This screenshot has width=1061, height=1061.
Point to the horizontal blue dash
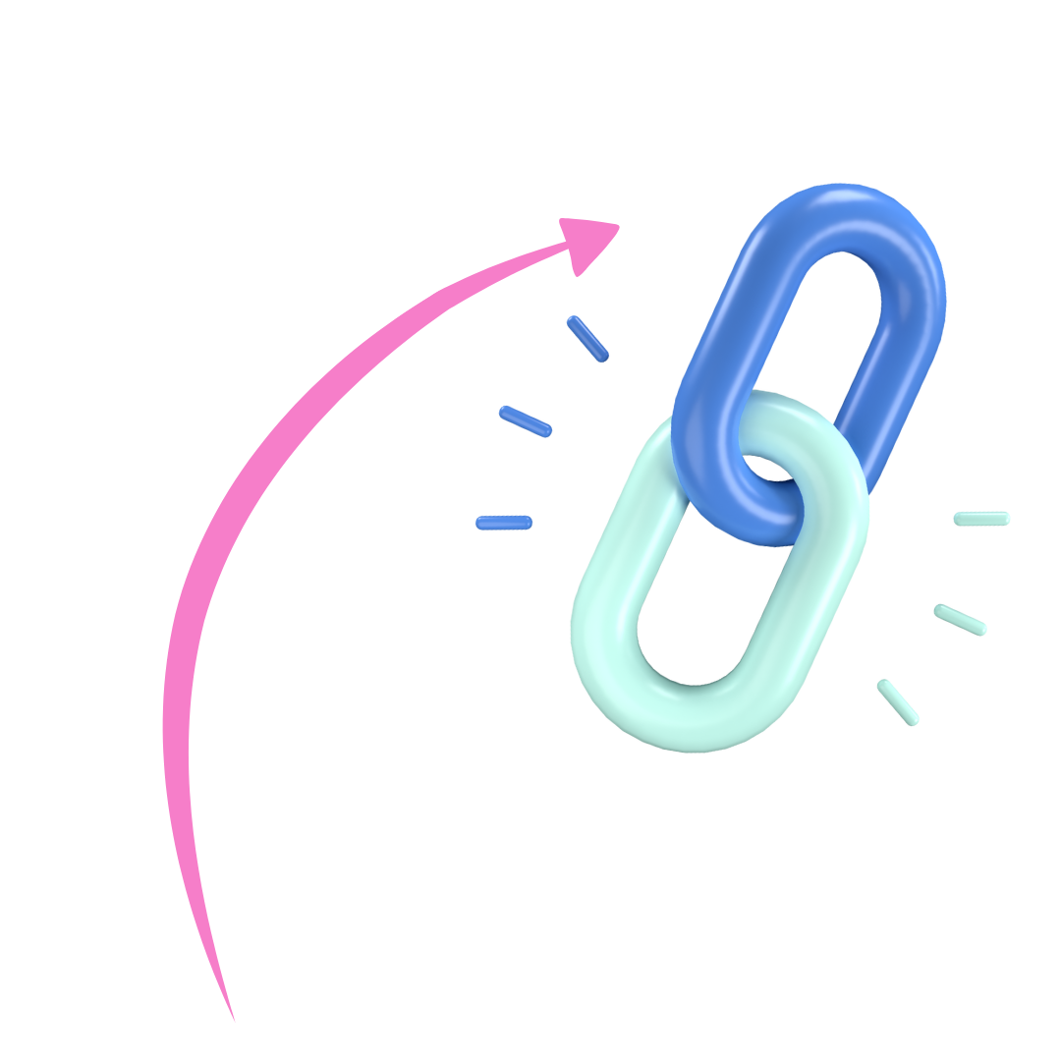pos(504,522)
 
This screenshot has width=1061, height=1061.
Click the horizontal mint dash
pos(980,518)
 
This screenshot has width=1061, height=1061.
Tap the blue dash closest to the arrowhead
pos(587,338)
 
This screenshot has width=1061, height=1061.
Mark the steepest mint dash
pos(898,701)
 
